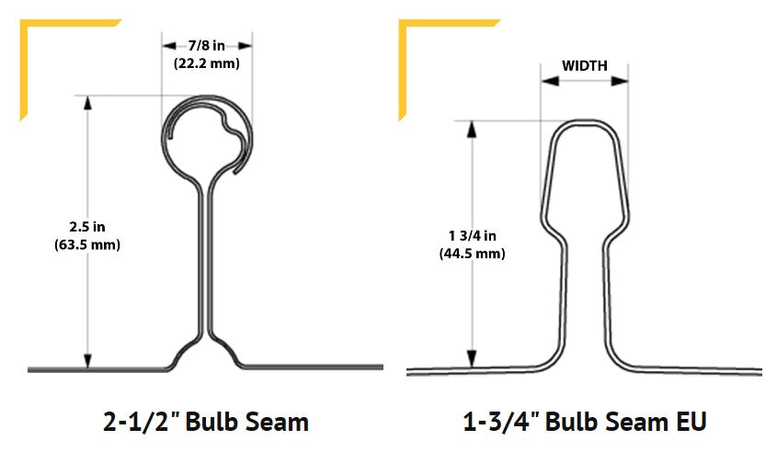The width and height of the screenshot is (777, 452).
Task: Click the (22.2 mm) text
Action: [208, 64]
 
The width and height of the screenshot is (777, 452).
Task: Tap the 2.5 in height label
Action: [88, 226]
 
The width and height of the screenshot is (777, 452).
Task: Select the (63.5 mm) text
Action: [88, 244]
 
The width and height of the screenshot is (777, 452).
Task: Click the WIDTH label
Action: [585, 65]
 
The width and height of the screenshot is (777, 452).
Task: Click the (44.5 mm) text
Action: [471, 254]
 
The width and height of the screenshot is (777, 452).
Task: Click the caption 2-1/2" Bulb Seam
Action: [204, 422]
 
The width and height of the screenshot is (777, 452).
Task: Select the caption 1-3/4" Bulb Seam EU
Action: [585, 422]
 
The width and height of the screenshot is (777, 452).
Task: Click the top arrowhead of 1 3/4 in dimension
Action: [472, 128]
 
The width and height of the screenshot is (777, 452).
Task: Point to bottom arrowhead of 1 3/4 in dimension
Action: [472, 358]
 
